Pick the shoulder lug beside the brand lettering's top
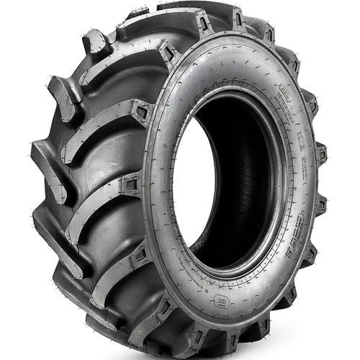[x=317, y=209]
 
